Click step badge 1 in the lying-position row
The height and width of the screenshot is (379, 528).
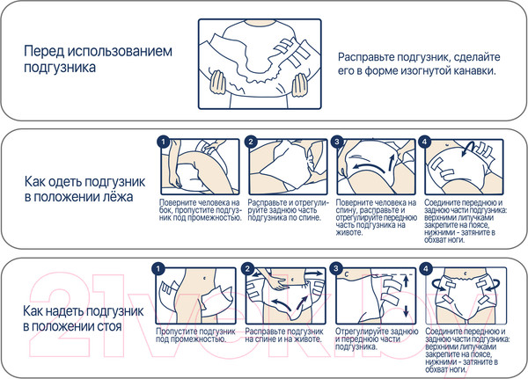[160, 142]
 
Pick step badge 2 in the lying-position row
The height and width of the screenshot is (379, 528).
[250, 142]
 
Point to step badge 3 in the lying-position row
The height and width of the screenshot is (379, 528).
[337, 142]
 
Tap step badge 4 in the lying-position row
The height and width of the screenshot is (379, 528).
[425, 142]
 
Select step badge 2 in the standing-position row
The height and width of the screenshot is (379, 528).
[250, 268]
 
